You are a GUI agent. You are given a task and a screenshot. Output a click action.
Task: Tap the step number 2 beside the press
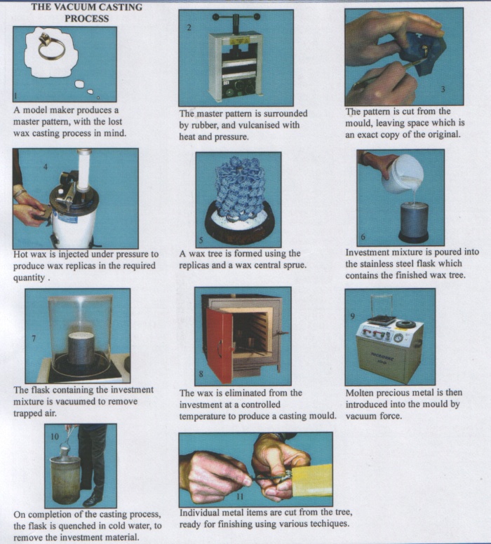(189, 28)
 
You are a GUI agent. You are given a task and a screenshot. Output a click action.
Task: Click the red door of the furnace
(220, 345)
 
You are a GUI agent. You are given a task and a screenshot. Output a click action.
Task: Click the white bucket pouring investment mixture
(403, 173)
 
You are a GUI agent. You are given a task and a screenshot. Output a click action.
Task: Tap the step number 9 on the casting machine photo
(352, 316)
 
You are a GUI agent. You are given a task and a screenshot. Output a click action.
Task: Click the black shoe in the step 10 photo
(93, 500)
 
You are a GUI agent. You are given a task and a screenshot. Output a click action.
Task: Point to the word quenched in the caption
(76, 526)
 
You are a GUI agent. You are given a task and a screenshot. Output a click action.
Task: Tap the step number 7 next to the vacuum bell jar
(34, 338)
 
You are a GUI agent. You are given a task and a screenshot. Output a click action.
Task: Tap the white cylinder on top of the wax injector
(83, 170)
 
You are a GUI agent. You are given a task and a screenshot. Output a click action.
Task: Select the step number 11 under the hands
(240, 496)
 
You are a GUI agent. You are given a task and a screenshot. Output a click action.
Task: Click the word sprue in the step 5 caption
(295, 266)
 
